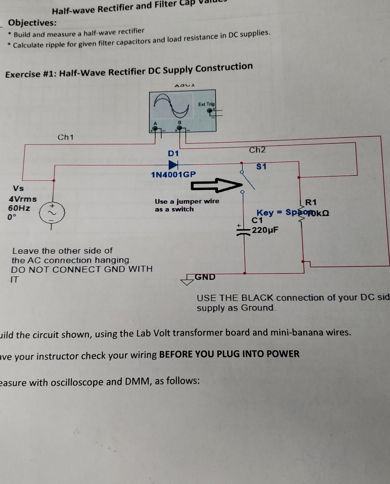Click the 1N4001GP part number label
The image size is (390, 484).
coord(173,175)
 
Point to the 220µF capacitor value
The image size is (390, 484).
coord(265,230)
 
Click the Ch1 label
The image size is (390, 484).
coord(65,137)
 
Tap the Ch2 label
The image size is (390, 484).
coord(257,150)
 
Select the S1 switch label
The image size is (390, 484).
coord(261,167)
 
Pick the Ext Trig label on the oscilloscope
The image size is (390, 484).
coord(206,104)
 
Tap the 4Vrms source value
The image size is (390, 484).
coord(23,199)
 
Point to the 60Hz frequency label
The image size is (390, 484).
coord(19,208)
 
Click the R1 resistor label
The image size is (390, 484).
coord(311,202)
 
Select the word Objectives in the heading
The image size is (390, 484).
coord(32,23)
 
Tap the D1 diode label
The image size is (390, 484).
coord(173,154)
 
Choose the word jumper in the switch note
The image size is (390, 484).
coord(186,202)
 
